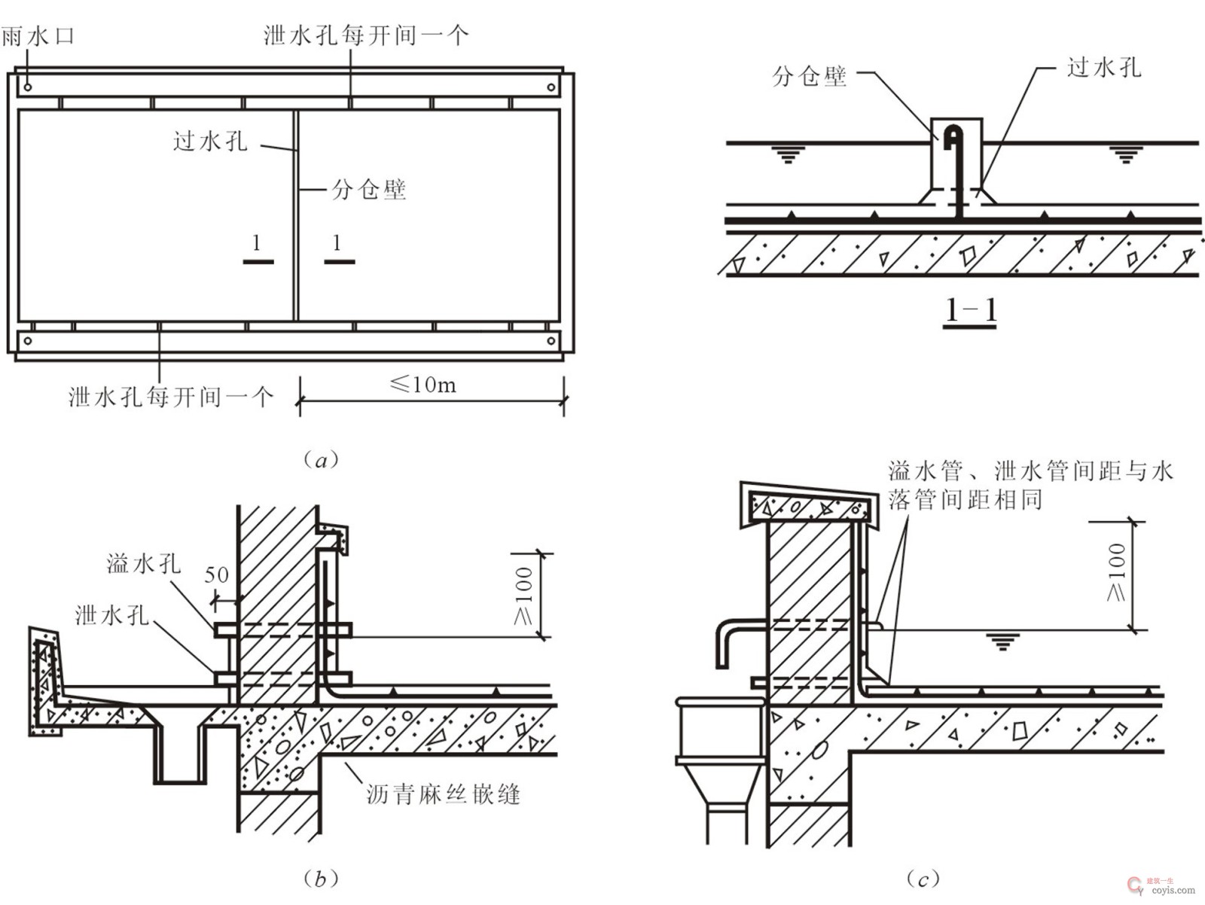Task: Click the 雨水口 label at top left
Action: [x=38, y=35]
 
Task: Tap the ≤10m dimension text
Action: [x=423, y=385]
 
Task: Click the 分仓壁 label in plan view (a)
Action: [x=369, y=189]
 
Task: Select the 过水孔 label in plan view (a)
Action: [x=210, y=141]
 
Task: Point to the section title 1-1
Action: [x=971, y=310]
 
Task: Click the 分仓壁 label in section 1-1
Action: [x=810, y=76]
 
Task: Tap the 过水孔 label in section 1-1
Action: [x=1104, y=68]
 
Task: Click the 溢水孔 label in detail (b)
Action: [x=144, y=563]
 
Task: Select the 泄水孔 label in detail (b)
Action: [x=111, y=615]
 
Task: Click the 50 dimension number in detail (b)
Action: [x=216, y=575]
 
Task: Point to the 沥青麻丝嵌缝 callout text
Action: [x=444, y=794]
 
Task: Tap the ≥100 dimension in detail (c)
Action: [x=1118, y=572]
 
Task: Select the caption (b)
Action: [x=321, y=879]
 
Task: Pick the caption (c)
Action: [x=923, y=879]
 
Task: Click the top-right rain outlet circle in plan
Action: [x=551, y=88]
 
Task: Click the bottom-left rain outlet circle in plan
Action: [x=28, y=340]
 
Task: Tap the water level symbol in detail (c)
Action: [x=1002, y=641]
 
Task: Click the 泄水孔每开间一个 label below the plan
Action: [x=171, y=397]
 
